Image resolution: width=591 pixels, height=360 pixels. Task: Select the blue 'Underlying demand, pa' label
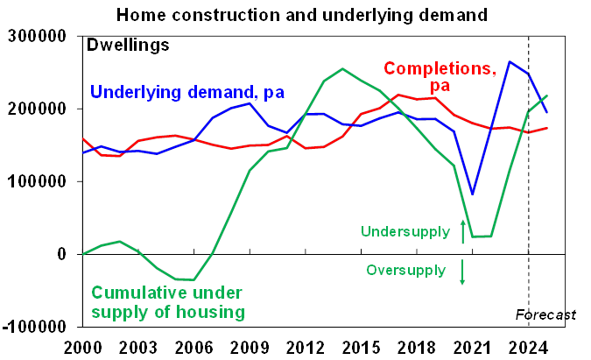click(x=188, y=91)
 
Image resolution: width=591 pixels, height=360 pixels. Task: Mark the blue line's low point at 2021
click(x=473, y=194)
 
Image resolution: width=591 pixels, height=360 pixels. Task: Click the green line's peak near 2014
click(x=343, y=68)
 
